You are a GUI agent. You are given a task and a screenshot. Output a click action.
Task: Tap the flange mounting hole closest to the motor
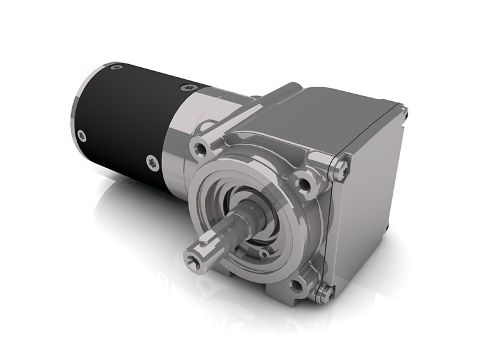(201, 148)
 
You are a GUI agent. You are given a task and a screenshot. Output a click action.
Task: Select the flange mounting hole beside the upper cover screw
(307, 183)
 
